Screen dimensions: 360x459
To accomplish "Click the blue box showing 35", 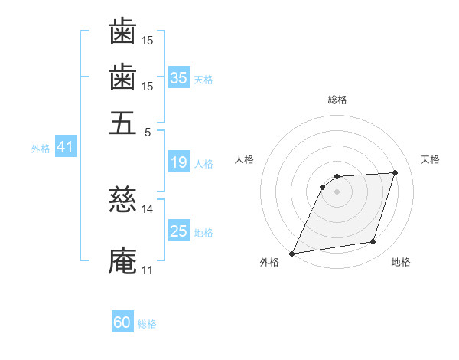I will click(x=179, y=77).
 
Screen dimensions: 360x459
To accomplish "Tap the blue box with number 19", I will click(x=179, y=162).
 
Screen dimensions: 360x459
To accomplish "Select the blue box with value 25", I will click(x=179, y=231).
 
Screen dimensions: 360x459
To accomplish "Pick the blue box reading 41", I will click(x=65, y=147).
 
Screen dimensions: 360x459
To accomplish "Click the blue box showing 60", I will click(x=122, y=322).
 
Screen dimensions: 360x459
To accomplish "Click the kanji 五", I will click(x=122, y=123).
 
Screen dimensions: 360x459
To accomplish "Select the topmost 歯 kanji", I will click(x=122, y=32).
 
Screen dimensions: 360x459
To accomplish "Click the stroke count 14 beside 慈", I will click(x=148, y=208).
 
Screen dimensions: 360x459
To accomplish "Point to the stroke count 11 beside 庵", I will click(x=147, y=270).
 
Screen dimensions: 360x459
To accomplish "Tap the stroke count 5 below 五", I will click(x=148, y=131).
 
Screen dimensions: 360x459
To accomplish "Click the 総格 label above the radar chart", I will click(x=337, y=100).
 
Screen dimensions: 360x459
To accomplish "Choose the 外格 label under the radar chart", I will click(x=269, y=263).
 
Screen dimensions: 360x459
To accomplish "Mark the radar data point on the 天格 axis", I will click(x=395, y=172).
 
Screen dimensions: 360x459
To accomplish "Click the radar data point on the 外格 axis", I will click(x=291, y=254).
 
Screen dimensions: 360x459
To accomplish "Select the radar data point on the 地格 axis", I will click(x=373, y=242).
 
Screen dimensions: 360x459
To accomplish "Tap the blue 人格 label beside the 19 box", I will click(x=203, y=163).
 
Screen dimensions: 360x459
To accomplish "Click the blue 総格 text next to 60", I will click(x=147, y=324).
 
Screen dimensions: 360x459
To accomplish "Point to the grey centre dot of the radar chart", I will click(x=337, y=191).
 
